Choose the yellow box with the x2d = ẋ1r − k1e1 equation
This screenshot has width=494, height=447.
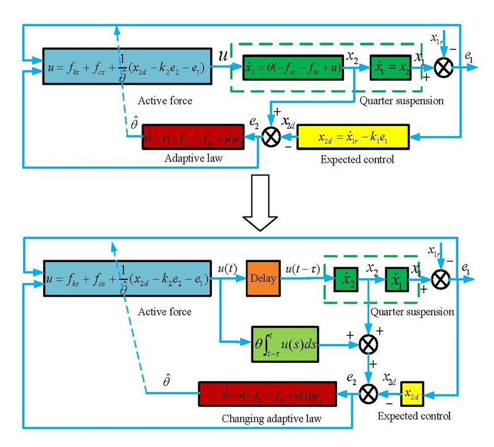(x=354, y=137)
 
